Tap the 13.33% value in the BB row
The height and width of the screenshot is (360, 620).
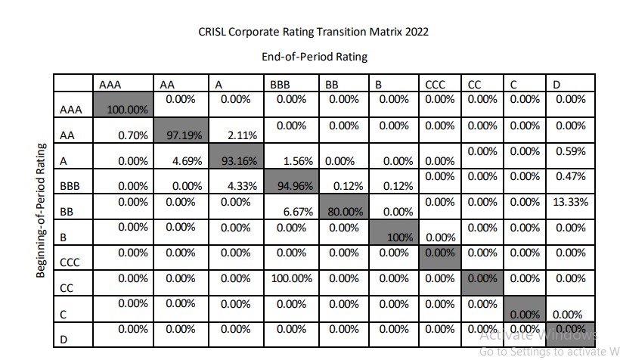570,202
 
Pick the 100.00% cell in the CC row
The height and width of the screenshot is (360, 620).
291,278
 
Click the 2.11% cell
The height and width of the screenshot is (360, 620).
242,135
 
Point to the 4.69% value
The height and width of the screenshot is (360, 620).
187,161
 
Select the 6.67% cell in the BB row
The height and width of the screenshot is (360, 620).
298,212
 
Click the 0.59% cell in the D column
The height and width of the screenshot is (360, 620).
571,151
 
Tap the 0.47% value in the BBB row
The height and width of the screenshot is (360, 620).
571,176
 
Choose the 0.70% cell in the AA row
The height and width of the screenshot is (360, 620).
133,135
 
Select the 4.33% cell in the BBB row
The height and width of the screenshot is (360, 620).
242,185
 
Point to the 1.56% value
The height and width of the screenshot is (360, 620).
298,161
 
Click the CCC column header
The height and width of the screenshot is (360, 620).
435,85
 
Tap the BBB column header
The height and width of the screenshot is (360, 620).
280,85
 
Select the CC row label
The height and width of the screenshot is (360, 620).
67,288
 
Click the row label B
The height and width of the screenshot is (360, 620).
63,237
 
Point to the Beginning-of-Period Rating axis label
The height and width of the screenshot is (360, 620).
41,210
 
